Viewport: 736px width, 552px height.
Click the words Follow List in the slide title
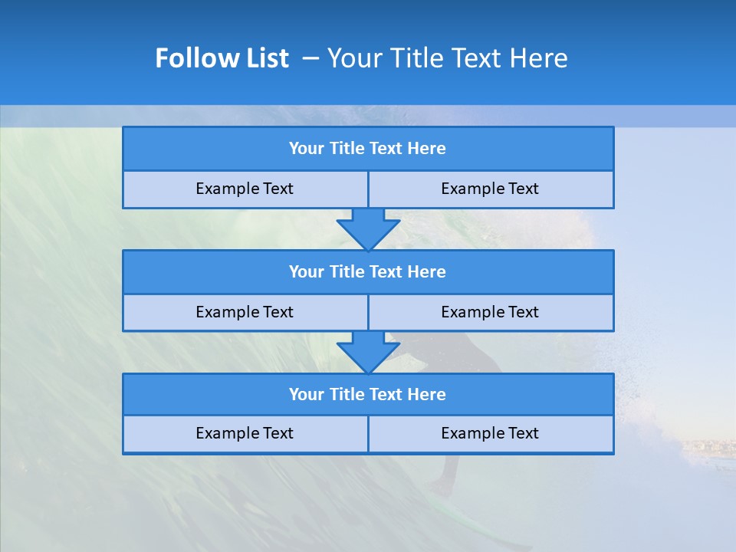pos(222,58)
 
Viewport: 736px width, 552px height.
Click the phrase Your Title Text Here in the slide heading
pos(447,58)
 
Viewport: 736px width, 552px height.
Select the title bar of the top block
pos(368,149)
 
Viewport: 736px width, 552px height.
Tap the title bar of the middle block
pos(368,272)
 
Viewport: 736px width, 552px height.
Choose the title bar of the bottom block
pos(368,395)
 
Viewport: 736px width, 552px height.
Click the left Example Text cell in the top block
pos(245,189)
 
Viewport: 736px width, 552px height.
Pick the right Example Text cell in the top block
pos(490,189)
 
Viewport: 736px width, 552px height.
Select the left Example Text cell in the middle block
pos(245,313)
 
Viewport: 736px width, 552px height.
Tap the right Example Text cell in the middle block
pos(490,313)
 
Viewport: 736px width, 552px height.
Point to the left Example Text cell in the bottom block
pos(245,434)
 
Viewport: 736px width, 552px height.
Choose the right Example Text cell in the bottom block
pos(490,434)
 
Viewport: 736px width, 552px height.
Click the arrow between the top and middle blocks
pos(368,228)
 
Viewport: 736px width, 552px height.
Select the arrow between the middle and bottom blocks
pos(368,352)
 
